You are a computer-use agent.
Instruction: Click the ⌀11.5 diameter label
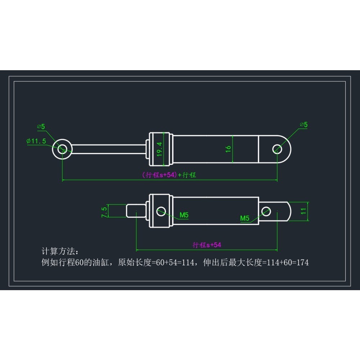36,141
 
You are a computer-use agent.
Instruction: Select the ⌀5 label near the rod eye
41,126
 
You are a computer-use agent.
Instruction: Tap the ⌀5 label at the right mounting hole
304,125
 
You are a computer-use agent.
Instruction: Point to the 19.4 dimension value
159,149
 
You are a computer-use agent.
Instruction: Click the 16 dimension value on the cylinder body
228,149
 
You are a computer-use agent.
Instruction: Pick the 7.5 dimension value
104,212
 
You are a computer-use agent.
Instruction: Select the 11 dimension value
303,211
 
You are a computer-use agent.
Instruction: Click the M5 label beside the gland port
184,215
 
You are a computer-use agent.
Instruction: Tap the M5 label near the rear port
245,219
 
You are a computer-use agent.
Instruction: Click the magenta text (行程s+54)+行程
169,175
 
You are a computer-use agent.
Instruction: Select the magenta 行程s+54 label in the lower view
207,245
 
